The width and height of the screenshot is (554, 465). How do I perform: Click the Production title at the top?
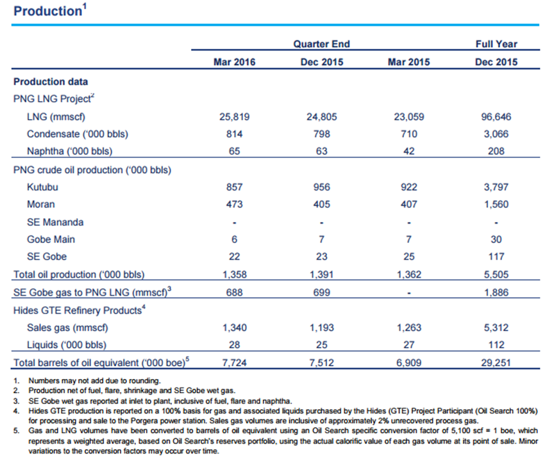[47, 11]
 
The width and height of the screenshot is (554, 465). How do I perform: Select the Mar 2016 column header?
[234, 62]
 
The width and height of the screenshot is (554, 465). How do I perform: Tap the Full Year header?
[496, 44]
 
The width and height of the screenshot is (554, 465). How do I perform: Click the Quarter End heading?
[321, 44]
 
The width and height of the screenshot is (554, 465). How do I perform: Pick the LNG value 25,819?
[234, 117]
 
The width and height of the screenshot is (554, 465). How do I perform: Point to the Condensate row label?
[78, 134]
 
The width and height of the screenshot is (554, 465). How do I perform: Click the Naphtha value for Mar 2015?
[409, 151]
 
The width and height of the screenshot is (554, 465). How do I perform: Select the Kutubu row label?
[42, 187]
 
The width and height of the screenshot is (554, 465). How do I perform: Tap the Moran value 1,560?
[496, 205]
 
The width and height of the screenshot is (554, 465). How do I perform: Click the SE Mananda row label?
[55, 223]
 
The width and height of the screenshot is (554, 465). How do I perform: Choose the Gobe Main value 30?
[496, 240]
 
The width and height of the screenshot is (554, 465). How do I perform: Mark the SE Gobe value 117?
[496, 257]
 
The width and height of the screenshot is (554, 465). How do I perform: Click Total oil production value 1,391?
[321, 275]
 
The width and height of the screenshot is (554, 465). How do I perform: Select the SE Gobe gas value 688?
[234, 292]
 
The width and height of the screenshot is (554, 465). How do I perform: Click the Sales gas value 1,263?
[409, 328]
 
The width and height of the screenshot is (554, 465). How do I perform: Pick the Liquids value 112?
[496, 345]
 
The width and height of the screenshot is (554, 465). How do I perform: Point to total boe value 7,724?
[234, 363]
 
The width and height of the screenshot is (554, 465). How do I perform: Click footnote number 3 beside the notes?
[16, 402]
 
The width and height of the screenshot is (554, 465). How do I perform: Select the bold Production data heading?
[51, 82]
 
